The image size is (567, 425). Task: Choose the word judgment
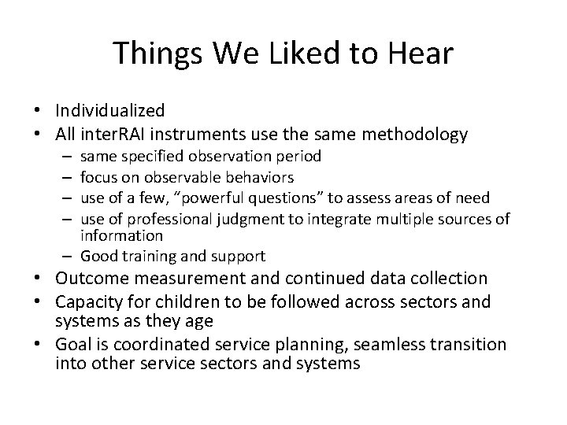coord(265,216)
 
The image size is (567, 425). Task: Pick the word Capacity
coord(89,301)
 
